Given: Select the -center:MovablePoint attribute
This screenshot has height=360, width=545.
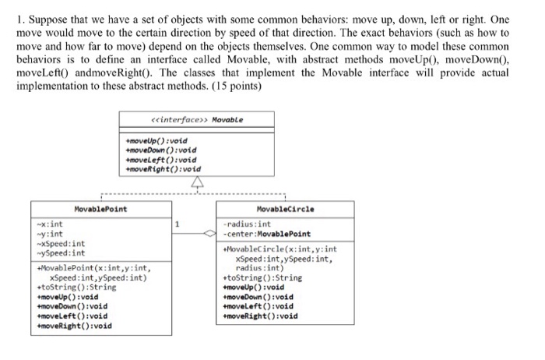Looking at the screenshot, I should (x=266, y=234).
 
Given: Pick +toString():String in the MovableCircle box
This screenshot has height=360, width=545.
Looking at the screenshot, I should (x=262, y=277).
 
